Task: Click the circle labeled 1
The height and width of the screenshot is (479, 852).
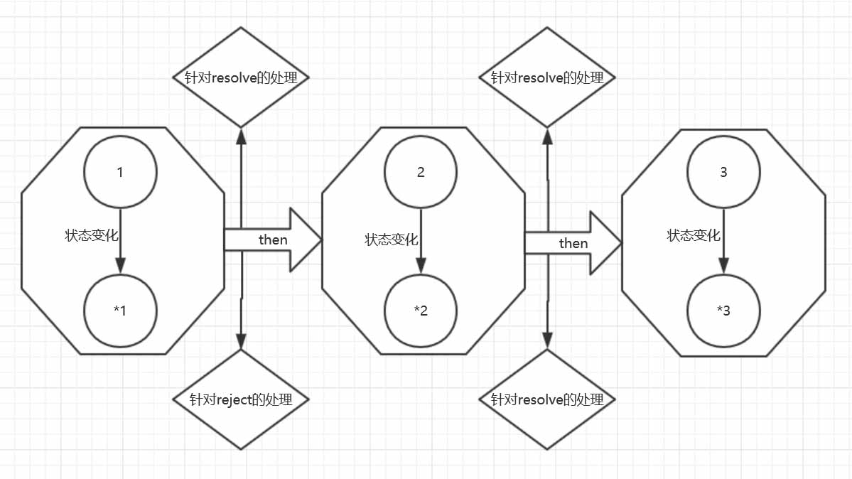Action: click(x=120, y=173)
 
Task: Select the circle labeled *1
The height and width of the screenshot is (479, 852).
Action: click(x=120, y=310)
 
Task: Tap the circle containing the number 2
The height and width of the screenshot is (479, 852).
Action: click(x=421, y=173)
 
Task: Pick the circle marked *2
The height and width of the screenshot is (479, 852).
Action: click(x=421, y=310)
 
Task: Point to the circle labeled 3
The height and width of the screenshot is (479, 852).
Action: click(x=723, y=173)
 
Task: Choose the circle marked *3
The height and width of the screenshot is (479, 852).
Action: click(x=723, y=310)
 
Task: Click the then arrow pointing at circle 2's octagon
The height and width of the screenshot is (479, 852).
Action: click(x=273, y=240)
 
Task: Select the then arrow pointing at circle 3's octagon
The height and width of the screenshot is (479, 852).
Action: click(x=573, y=243)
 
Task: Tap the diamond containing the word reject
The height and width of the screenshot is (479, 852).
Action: click(x=242, y=399)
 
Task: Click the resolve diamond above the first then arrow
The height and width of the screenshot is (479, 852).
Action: click(x=242, y=77)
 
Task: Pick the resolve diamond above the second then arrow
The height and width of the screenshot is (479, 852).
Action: click(x=547, y=77)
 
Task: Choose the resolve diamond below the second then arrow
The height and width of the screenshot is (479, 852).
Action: click(x=547, y=399)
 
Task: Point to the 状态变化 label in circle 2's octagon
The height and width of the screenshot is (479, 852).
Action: click(x=392, y=239)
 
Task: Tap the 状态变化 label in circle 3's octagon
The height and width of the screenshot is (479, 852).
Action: click(x=693, y=235)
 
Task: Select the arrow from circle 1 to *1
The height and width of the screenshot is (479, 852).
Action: click(x=120, y=242)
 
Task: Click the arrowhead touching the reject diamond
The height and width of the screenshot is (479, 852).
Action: click(x=242, y=342)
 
